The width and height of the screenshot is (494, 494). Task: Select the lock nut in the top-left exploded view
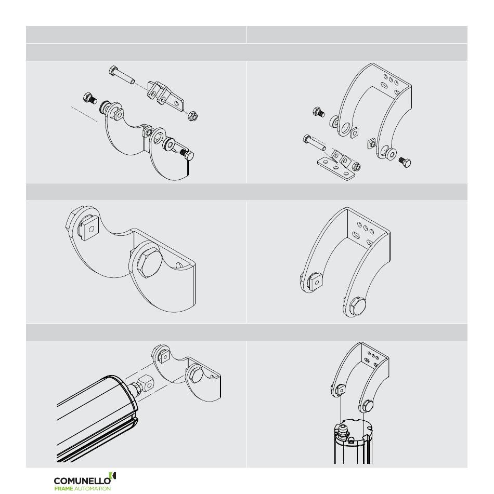pyautogui.click(x=192, y=116)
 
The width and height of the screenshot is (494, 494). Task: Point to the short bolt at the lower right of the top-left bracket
pyautogui.click(x=187, y=155)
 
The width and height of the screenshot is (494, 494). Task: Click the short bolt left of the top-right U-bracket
pyautogui.click(x=319, y=112)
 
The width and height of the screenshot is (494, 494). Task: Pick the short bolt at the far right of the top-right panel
pyautogui.click(x=405, y=162)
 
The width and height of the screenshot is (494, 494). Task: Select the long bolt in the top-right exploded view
pyautogui.click(x=315, y=142)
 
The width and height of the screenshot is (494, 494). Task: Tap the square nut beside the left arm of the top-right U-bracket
pyautogui.click(x=354, y=133)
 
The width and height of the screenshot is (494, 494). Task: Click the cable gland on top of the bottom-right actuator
pyautogui.click(x=342, y=431)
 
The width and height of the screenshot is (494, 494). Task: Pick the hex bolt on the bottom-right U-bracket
pyautogui.click(x=368, y=406)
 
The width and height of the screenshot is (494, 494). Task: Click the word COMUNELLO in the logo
pyautogui.click(x=82, y=481)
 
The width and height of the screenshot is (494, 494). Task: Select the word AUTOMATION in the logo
pyautogui.click(x=93, y=488)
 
